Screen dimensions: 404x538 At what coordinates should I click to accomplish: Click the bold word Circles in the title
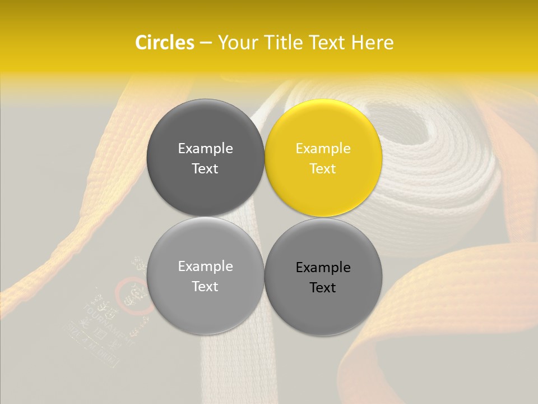(164, 43)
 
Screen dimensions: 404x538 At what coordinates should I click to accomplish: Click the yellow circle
(323, 158)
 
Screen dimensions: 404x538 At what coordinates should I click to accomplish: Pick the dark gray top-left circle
(205, 158)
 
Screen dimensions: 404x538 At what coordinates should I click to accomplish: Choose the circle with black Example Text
(323, 277)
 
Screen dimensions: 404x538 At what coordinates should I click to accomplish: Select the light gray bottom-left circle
(205, 276)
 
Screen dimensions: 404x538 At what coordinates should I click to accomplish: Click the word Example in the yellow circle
(323, 148)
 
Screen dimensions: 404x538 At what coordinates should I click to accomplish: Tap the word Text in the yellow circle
(323, 168)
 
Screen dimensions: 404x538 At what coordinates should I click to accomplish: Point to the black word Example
(323, 267)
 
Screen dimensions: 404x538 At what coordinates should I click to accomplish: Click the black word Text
(323, 287)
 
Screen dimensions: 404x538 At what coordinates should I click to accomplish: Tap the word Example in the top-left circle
(205, 148)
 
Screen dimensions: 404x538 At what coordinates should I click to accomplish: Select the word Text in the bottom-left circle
(205, 286)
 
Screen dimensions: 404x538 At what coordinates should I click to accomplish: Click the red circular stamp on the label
(133, 295)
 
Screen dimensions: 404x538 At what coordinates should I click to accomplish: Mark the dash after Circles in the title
(205, 43)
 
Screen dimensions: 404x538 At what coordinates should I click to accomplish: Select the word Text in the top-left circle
(205, 168)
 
